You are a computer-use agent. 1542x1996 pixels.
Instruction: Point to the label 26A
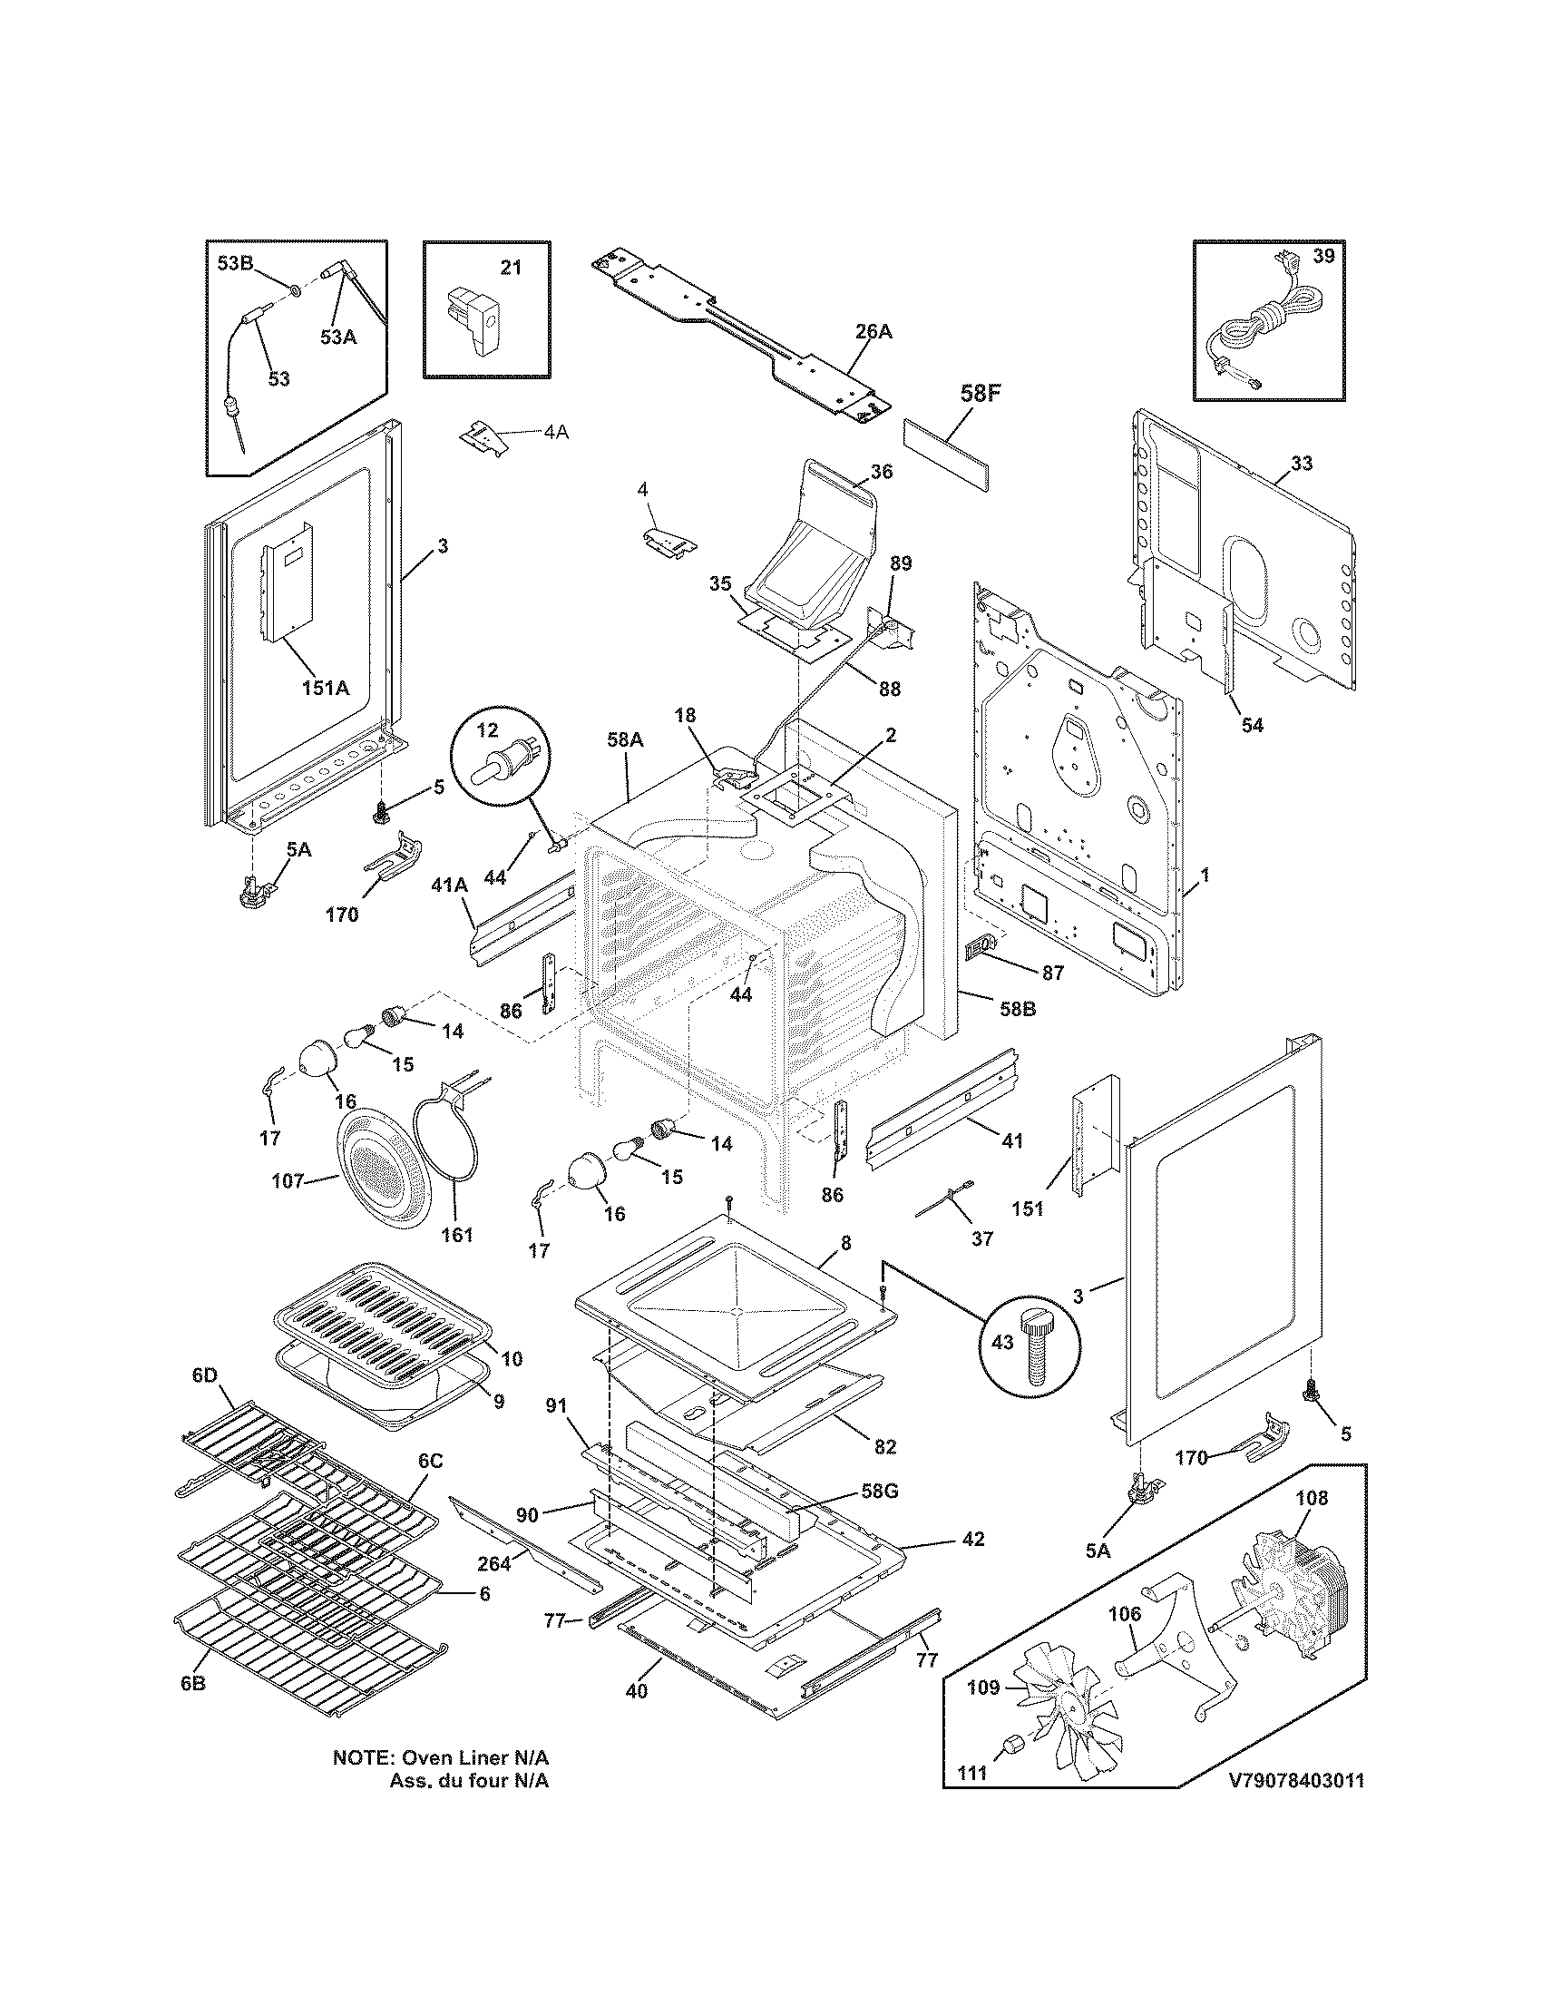873,333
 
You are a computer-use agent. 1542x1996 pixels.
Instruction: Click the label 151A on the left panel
326,689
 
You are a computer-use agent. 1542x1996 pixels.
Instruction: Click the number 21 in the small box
511,268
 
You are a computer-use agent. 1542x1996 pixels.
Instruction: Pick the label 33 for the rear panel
1302,464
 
